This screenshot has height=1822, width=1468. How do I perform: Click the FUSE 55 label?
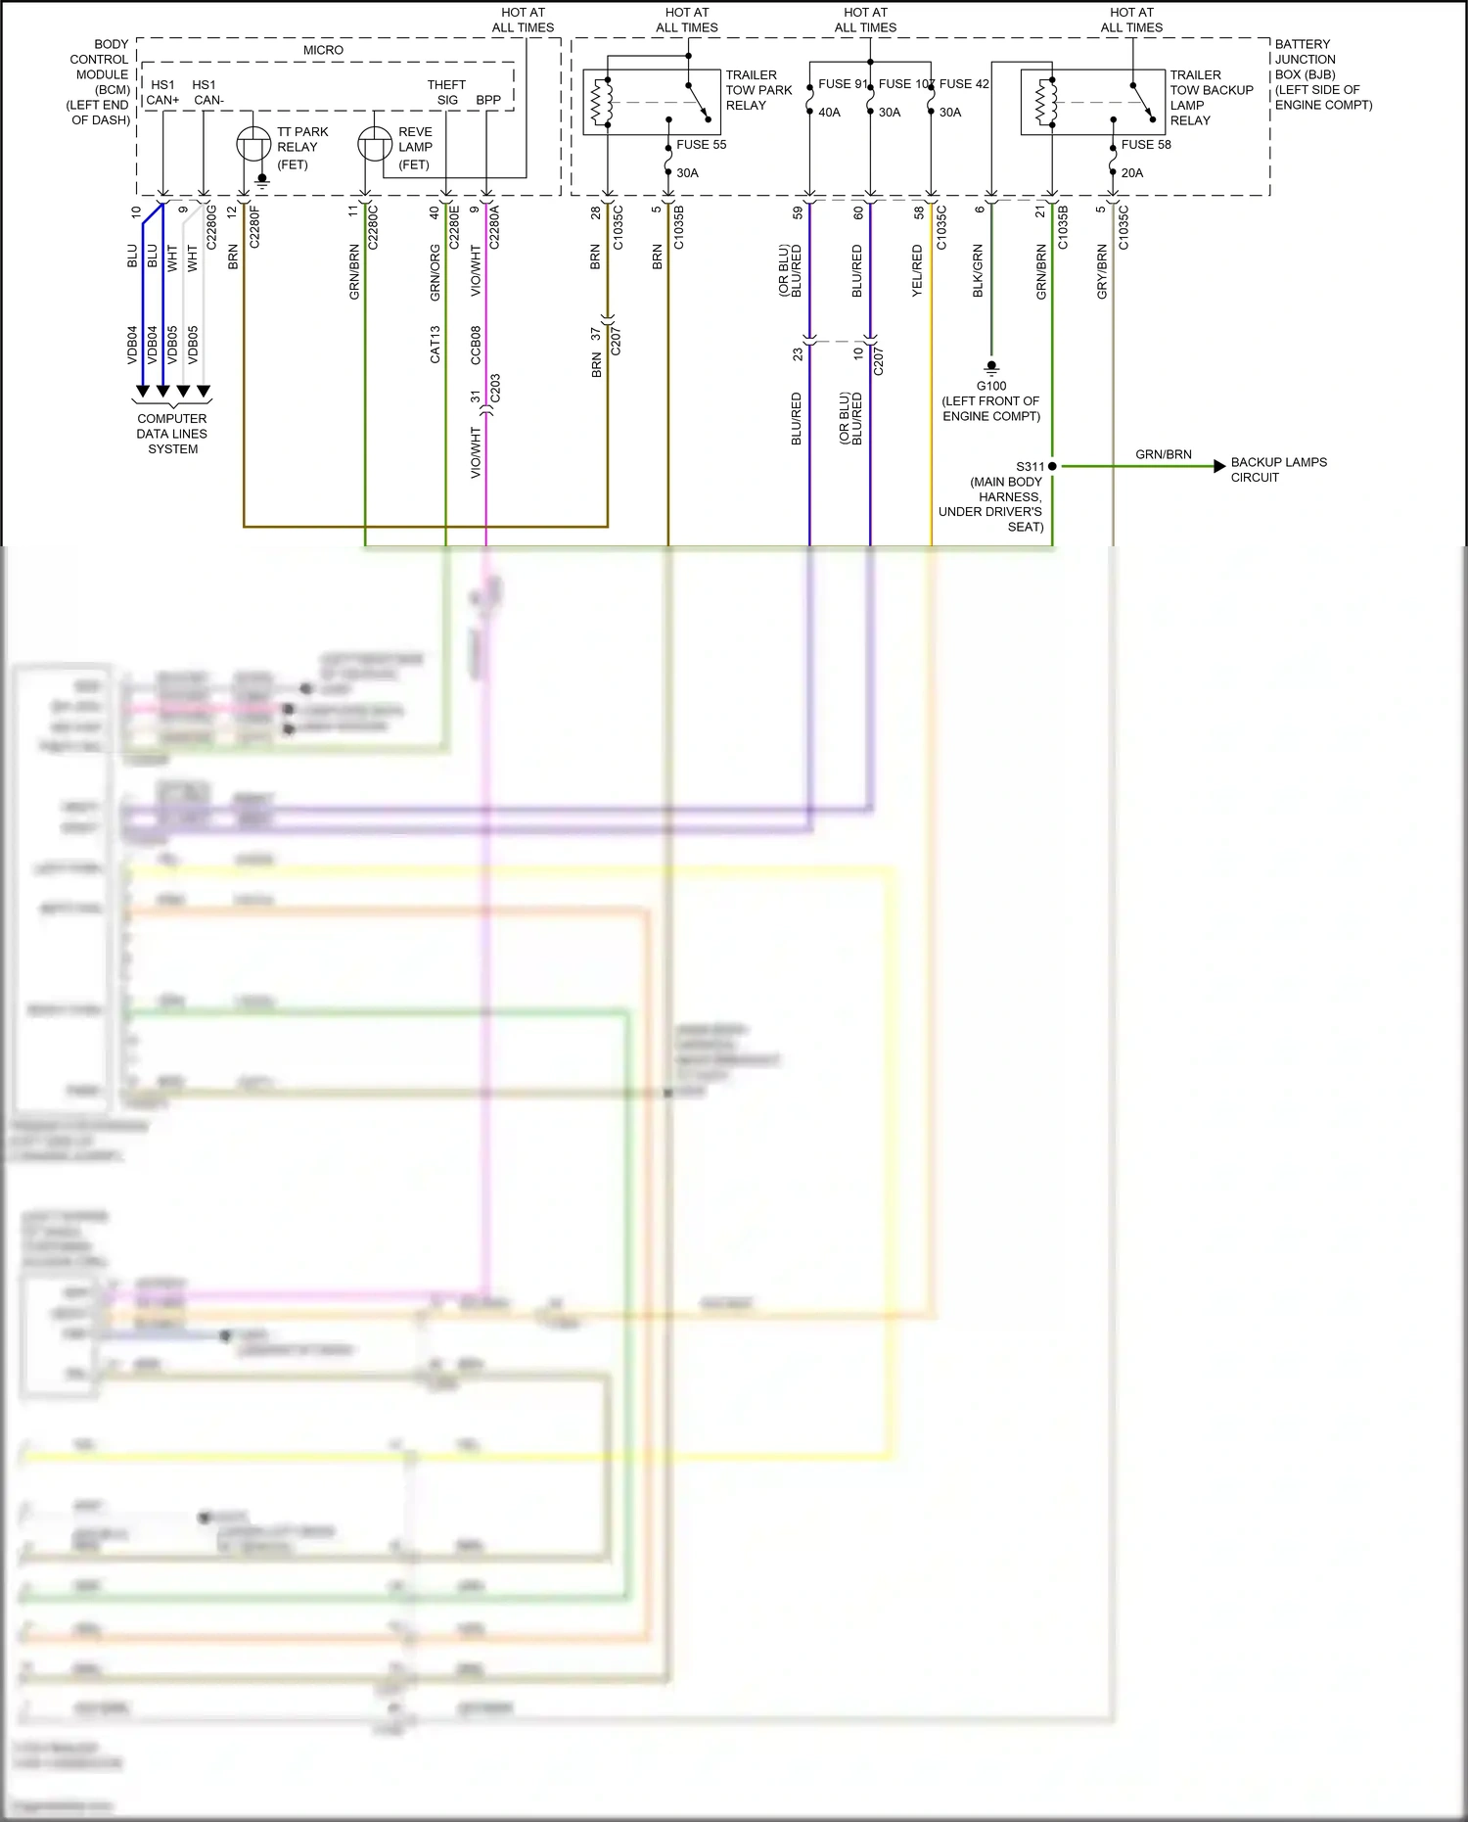701,144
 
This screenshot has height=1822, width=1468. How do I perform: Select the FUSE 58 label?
1145,144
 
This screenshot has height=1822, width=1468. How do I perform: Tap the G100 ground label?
990,386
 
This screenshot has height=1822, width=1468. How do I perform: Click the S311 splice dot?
1052,466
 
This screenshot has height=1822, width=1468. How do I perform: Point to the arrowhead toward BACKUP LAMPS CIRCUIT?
1219,466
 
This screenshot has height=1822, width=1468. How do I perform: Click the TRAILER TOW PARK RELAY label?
757,90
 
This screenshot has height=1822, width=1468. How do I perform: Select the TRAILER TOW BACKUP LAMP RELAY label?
1210,97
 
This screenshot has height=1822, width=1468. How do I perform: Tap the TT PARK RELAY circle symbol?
253,145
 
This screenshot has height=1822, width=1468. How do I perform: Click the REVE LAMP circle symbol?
375,145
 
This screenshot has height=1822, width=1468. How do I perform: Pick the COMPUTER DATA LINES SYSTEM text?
172,434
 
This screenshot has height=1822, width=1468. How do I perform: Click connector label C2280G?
211,226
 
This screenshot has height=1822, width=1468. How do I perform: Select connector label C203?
495,389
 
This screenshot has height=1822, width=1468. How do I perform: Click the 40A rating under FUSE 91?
829,113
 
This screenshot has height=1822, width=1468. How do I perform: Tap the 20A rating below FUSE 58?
1131,173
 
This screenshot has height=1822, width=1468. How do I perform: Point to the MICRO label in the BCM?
323,50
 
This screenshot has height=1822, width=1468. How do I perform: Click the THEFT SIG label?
446,92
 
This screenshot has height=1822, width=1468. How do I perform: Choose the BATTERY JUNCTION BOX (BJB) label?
1321,74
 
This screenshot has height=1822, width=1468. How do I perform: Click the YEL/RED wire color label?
917,271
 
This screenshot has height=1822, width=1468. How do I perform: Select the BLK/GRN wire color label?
978,271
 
